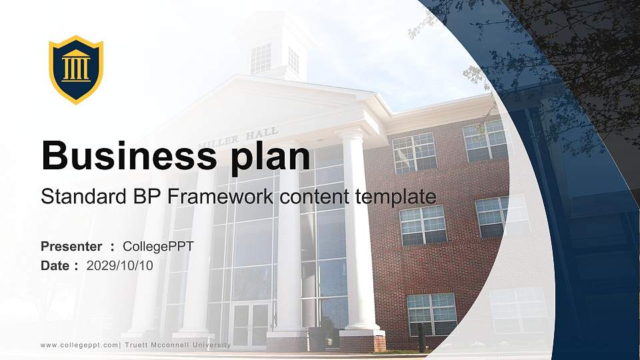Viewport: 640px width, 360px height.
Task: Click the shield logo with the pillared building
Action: click(76, 69)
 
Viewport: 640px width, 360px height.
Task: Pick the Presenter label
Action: click(71, 247)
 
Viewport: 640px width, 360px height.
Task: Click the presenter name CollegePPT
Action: click(159, 247)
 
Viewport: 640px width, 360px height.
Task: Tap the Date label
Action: click(55, 266)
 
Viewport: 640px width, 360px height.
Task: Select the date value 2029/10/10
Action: click(120, 266)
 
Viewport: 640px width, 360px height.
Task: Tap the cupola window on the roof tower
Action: click(261, 58)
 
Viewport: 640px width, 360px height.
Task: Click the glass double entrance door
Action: click(251, 325)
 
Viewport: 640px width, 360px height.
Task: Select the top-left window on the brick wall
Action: click(414, 153)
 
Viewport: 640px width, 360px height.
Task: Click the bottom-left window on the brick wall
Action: click(432, 313)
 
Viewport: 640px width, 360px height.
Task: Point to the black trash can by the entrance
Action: click(317, 338)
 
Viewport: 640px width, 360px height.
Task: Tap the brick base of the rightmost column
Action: click(362, 341)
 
